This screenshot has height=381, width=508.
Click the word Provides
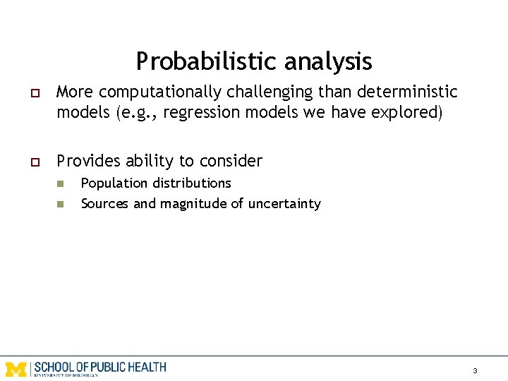(88, 162)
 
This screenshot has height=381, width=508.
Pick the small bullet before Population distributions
(61, 184)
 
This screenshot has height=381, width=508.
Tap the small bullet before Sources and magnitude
(61, 205)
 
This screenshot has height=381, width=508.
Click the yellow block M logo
(16, 368)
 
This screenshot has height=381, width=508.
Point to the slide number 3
(475, 370)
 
